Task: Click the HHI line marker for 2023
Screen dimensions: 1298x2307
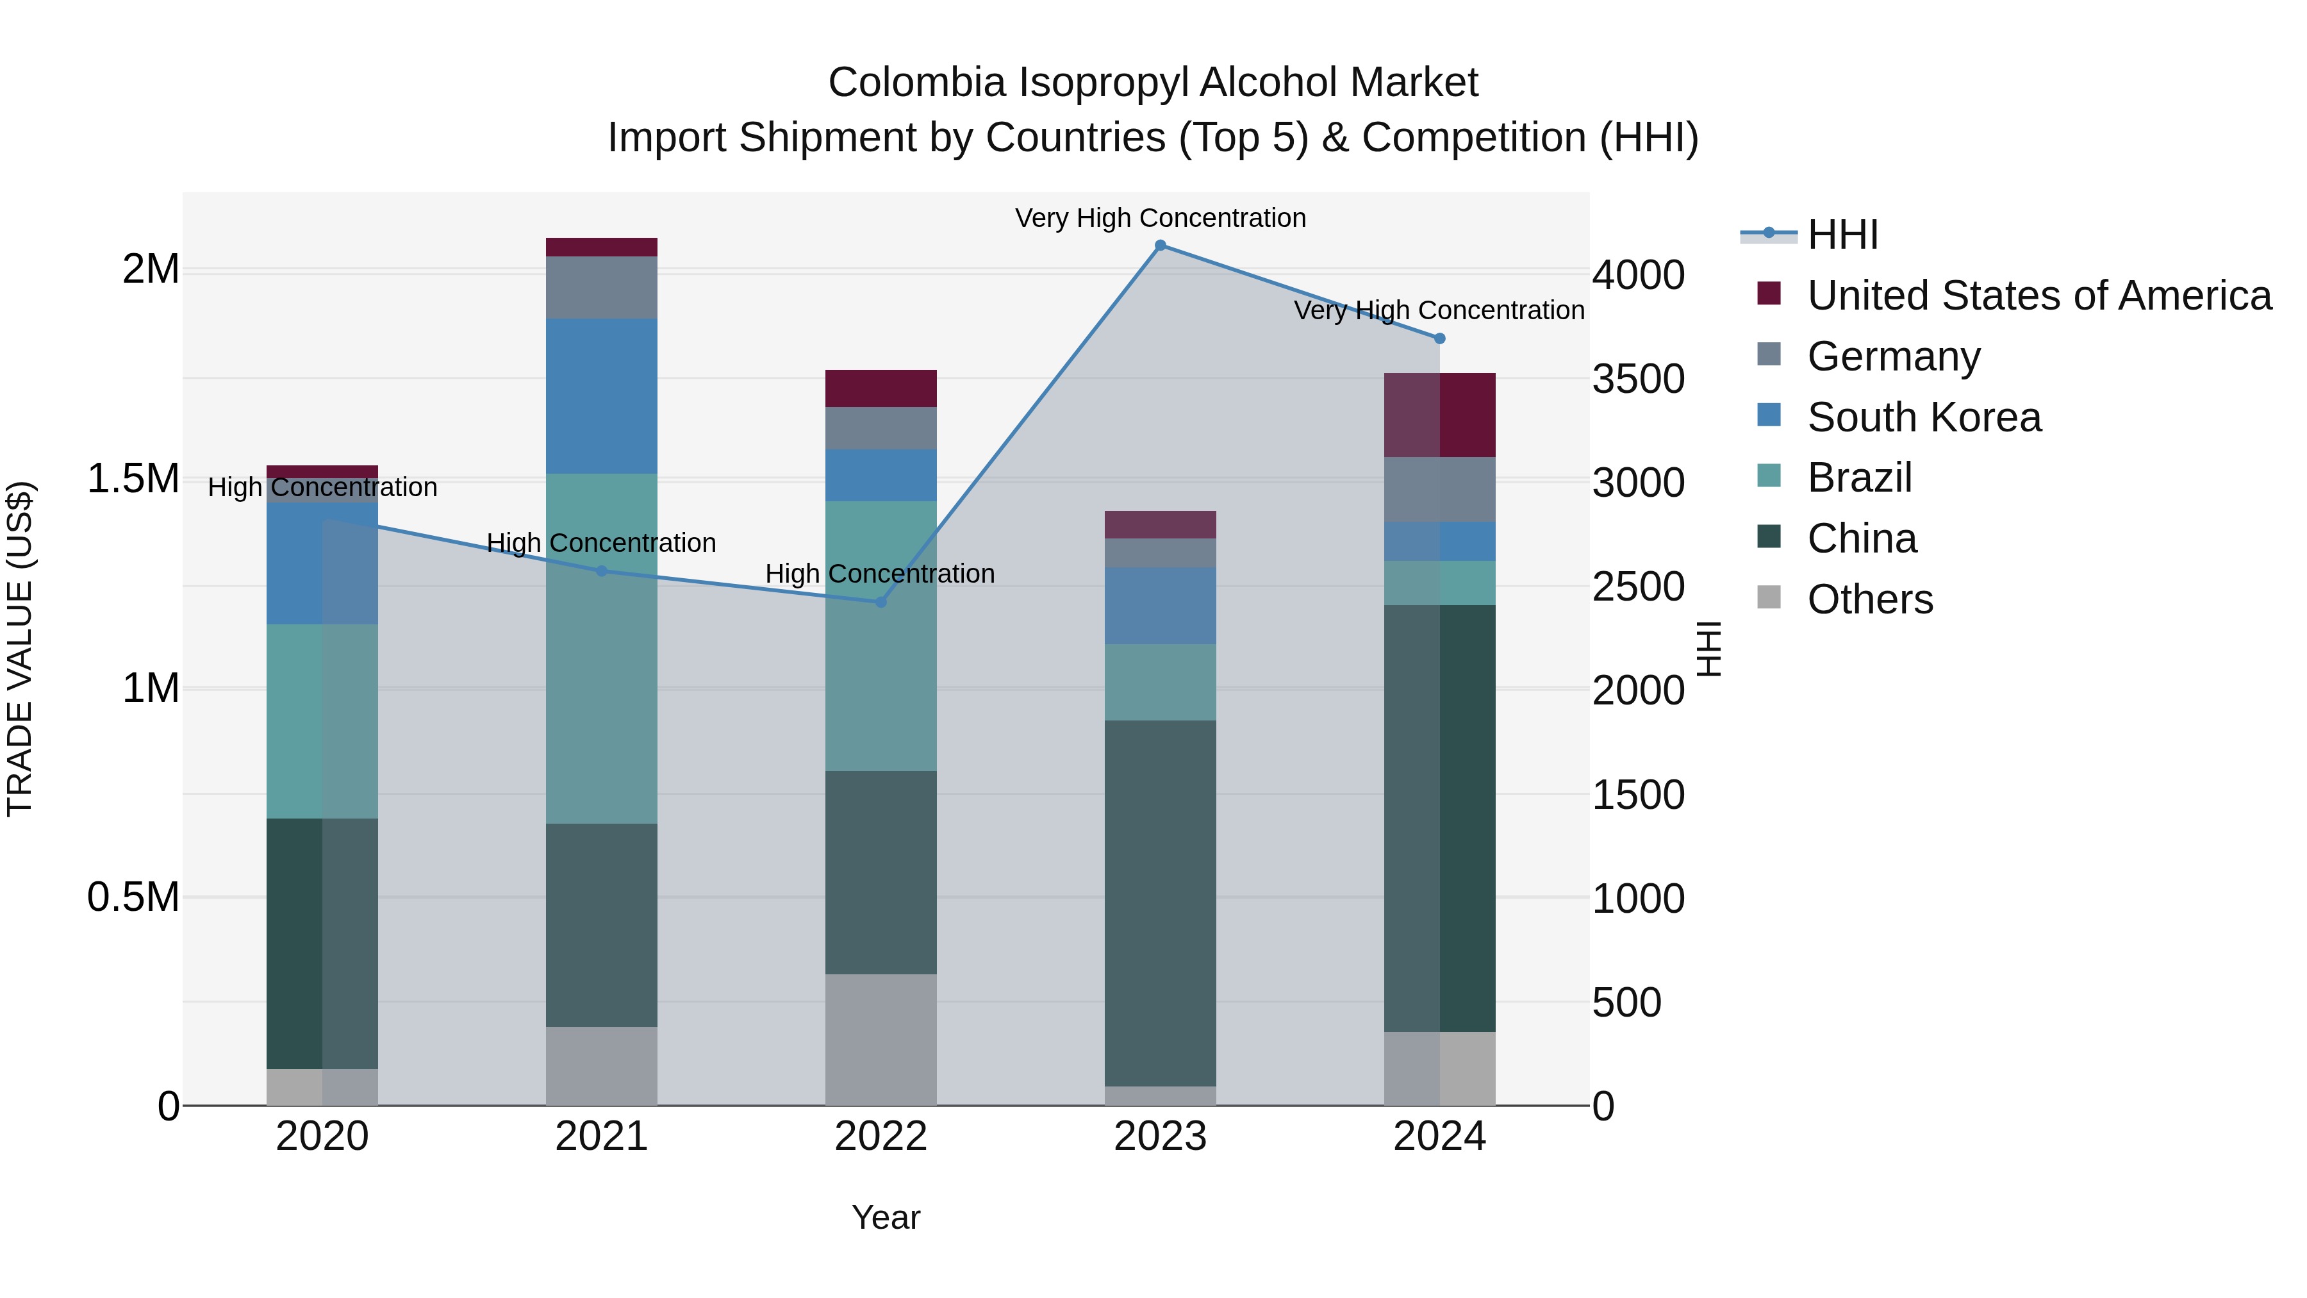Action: [1160, 245]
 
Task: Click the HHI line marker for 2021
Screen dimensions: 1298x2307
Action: [602, 570]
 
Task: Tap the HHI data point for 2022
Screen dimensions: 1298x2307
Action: [881, 602]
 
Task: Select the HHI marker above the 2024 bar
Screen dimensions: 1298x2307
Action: [1439, 338]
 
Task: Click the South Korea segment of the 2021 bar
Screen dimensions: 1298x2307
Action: [602, 396]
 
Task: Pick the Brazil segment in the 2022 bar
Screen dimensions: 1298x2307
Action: [881, 636]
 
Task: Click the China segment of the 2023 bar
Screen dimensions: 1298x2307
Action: [1160, 903]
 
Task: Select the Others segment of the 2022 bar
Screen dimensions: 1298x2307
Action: [881, 1039]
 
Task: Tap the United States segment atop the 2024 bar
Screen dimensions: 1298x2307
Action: [1439, 415]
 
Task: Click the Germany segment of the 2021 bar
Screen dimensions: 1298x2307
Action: [602, 288]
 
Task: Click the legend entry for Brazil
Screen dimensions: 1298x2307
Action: [1859, 478]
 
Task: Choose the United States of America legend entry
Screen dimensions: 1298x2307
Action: [2038, 295]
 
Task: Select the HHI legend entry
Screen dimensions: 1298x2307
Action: [1842, 235]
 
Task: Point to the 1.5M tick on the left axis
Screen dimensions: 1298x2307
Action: [133, 479]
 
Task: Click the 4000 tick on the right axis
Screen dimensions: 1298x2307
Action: [1638, 275]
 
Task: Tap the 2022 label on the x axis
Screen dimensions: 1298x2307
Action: [881, 1136]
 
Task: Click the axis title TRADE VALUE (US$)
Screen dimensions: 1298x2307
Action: [20, 649]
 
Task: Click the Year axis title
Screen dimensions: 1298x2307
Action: [886, 1217]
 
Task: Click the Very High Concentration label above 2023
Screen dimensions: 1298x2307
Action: [1160, 218]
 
